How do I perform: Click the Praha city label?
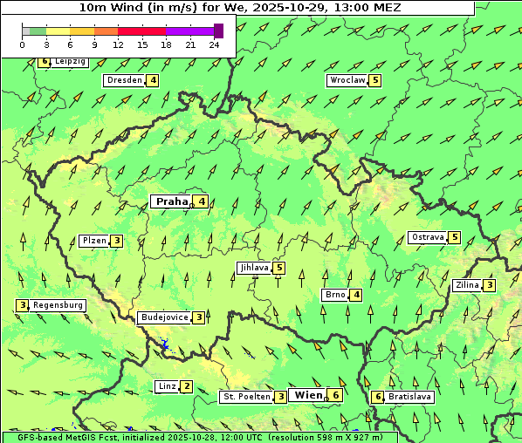(171, 201)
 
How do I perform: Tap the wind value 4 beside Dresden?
(154, 80)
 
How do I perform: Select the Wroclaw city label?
(347, 80)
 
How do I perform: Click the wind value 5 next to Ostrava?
(455, 237)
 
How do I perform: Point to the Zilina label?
(467, 285)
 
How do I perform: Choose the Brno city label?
(335, 295)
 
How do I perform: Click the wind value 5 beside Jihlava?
(278, 268)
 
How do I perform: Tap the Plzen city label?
(93, 241)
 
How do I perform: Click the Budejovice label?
(164, 317)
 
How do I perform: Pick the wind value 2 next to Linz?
(187, 386)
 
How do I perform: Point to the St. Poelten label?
(247, 397)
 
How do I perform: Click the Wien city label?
(309, 395)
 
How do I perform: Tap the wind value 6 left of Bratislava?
(378, 397)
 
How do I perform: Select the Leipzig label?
(70, 62)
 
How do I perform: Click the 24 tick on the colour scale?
(215, 44)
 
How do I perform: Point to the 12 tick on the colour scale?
(117, 44)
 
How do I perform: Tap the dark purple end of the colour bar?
(218, 31)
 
